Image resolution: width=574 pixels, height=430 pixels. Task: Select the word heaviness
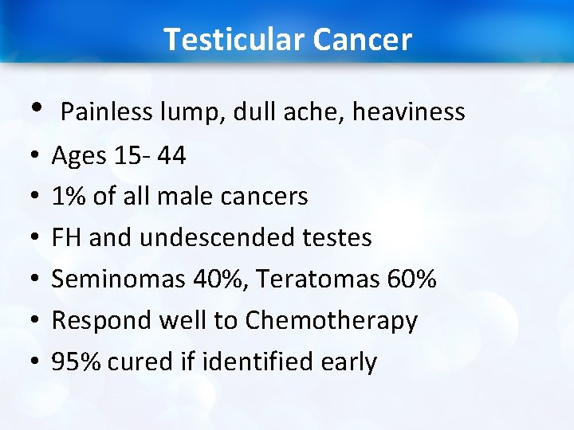pyautogui.click(x=408, y=112)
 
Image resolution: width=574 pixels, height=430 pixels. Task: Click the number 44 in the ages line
pyautogui.click(x=171, y=155)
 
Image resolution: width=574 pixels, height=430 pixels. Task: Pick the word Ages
pyautogui.click(x=80, y=156)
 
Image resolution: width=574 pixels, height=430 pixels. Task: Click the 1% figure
pyautogui.click(x=69, y=196)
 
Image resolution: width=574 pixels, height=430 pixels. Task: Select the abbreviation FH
pyautogui.click(x=66, y=237)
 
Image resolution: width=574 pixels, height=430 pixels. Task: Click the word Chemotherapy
pyautogui.click(x=332, y=321)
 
